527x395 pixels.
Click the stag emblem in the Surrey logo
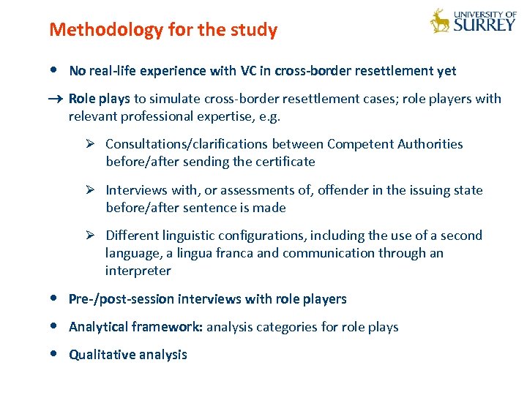pos(440,21)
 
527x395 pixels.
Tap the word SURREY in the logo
pos(485,24)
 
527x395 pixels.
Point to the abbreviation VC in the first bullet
pos(248,71)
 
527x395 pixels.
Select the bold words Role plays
pos(99,99)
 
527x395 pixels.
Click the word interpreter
pos(138,271)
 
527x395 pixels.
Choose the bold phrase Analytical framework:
pos(135,327)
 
